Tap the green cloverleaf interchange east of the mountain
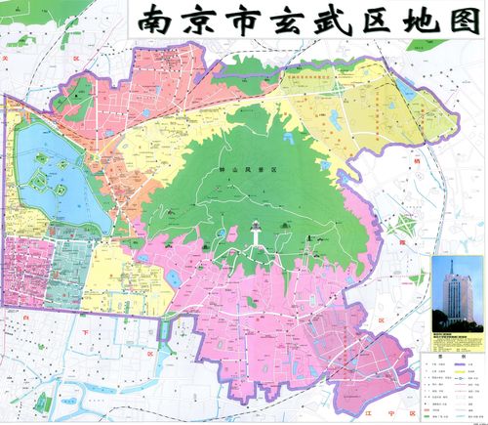tap(398, 230)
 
